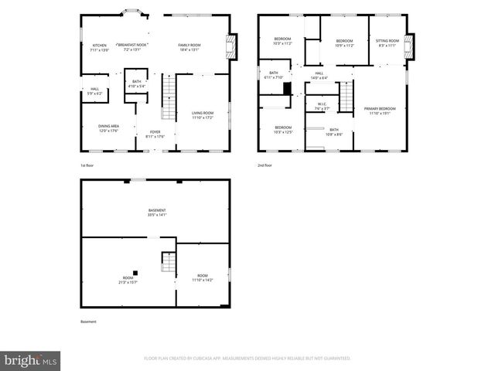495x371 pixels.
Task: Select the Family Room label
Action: coord(189,48)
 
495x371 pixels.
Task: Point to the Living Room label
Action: coord(203,115)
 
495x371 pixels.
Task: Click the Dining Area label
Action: coord(108,128)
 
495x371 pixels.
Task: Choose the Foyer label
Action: coord(155,134)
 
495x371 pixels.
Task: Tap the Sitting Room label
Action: coord(387,43)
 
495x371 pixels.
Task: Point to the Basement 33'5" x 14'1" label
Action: coord(157,213)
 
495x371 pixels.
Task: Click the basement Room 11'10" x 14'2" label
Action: coord(203,277)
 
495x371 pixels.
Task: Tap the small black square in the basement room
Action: coord(135,271)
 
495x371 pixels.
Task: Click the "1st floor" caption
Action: coord(87,165)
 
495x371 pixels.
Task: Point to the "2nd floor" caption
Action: coord(265,165)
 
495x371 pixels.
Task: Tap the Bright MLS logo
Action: coord(30,359)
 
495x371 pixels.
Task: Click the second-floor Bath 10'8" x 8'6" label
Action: coord(334,131)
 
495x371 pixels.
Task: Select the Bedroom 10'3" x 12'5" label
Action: coord(283,129)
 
